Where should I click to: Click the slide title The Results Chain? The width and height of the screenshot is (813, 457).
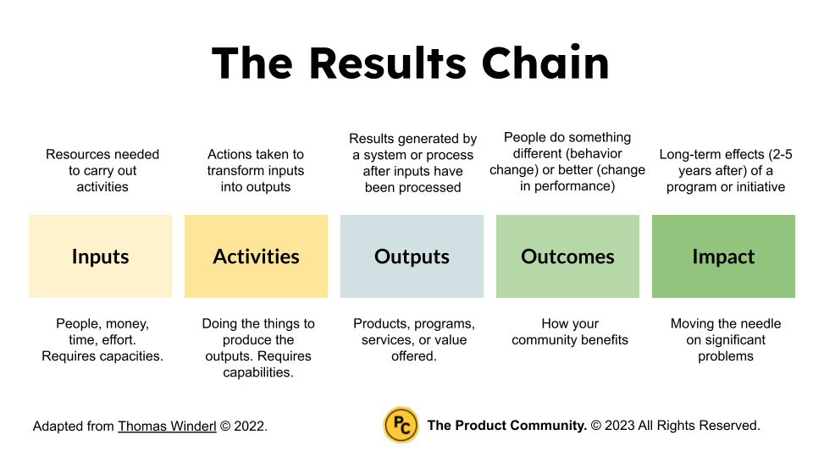click(x=410, y=63)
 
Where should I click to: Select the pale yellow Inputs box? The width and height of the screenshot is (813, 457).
click(x=100, y=256)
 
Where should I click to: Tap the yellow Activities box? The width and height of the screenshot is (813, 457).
click(x=256, y=256)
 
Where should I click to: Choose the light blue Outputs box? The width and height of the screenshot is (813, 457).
click(x=412, y=256)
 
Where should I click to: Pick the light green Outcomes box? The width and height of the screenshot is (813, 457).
click(x=567, y=256)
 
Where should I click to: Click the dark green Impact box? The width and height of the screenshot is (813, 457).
click(x=723, y=256)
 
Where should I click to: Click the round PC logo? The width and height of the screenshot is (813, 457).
click(x=401, y=426)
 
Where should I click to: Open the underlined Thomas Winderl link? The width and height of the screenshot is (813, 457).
click(x=167, y=427)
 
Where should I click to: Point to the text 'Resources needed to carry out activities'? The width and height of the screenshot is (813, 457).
click(x=102, y=170)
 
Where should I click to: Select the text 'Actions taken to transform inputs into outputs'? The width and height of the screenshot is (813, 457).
click(x=256, y=170)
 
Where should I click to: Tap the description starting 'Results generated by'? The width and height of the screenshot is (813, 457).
click(x=412, y=162)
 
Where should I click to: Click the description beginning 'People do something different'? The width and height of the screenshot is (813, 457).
click(x=567, y=161)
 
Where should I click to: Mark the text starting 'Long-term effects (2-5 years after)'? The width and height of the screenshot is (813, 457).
click(x=725, y=170)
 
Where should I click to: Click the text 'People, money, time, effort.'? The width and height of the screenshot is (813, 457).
click(x=102, y=332)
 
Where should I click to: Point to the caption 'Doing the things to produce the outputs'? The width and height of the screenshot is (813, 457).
click(x=257, y=348)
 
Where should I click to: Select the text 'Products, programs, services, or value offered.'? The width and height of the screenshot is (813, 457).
click(x=414, y=339)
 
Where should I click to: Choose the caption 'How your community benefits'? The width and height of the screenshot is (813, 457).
click(x=570, y=332)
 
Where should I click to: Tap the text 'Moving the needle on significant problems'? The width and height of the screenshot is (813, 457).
click(x=726, y=339)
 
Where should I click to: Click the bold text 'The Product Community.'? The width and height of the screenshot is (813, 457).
click(x=506, y=426)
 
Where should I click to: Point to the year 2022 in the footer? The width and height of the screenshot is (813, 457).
click(x=249, y=427)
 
